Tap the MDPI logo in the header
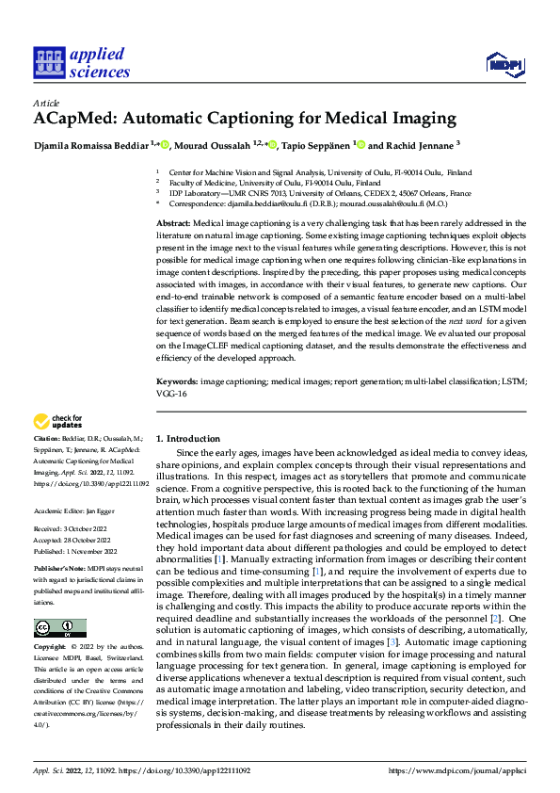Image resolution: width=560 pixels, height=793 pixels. (x=503, y=63)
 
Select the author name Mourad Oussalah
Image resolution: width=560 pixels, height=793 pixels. (x=221, y=145)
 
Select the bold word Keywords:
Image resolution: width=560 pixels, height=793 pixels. (x=176, y=380)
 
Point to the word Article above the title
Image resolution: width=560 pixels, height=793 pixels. (x=45, y=103)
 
